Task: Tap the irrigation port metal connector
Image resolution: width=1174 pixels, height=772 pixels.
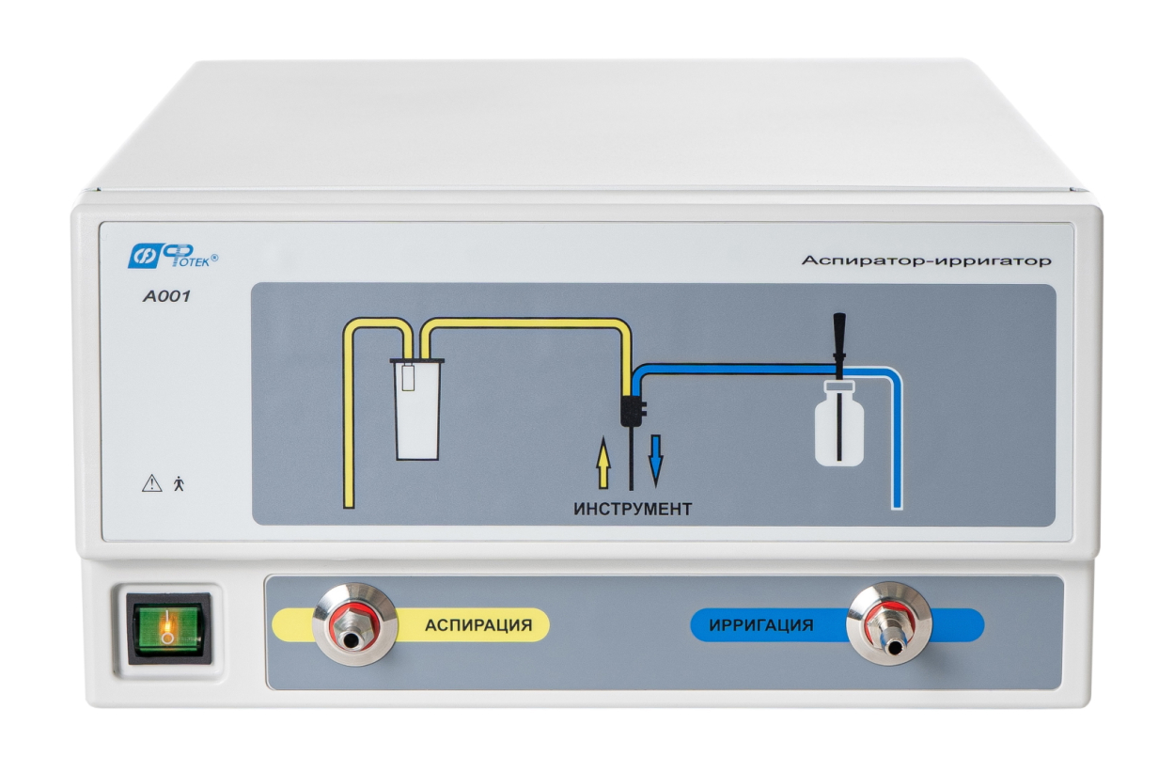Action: click(889, 623)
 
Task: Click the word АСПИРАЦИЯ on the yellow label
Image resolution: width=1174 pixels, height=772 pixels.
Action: click(478, 625)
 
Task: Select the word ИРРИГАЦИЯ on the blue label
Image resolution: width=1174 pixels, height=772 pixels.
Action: click(761, 625)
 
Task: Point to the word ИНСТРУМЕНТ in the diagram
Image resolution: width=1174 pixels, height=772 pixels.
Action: click(633, 509)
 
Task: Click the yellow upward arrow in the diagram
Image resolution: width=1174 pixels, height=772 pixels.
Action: click(603, 463)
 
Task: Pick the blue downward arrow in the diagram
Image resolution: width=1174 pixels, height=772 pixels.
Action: click(656, 462)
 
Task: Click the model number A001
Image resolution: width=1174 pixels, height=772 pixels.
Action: click(166, 296)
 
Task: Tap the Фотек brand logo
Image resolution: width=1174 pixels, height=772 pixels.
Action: click(173, 257)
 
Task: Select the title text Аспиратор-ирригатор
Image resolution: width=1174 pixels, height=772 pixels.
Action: click(926, 260)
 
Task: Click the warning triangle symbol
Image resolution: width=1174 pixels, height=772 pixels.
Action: click(152, 483)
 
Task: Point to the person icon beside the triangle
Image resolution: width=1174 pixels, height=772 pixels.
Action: click(180, 483)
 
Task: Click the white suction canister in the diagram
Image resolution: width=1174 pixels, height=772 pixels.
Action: click(417, 409)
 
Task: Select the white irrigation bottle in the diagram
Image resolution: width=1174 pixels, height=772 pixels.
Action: click(839, 424)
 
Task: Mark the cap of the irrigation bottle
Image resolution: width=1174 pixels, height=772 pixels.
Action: click(839, 386)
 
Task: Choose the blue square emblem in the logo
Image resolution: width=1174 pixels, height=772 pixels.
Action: click(143, 257)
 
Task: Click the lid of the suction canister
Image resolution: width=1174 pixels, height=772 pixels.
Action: click(417, 361)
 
